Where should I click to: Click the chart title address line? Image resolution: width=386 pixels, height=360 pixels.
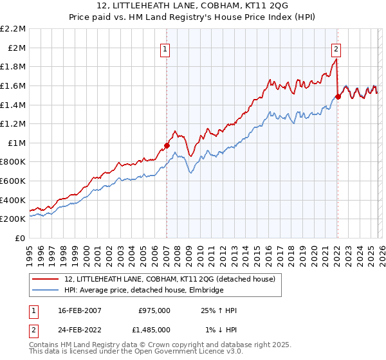tap(193, 6)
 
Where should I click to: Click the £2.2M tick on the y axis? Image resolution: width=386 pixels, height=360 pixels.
tap(13, 29)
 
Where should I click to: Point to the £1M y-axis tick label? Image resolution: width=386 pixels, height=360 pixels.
tap(17, 143)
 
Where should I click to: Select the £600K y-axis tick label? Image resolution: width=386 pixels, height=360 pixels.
tap(13, 181)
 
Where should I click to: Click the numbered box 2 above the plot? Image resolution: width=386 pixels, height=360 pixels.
tap(336, 48)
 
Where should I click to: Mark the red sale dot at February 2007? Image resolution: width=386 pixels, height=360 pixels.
tap(167, 145)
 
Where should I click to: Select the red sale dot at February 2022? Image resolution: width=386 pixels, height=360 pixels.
tap(338, 97)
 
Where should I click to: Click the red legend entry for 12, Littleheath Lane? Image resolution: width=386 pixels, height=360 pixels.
tap(170, 278)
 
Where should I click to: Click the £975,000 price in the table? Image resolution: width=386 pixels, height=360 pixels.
tap(154, 310)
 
